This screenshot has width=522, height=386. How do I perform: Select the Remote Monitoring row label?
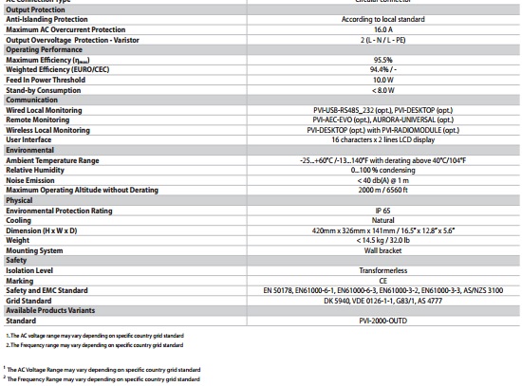click(39, 119)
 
